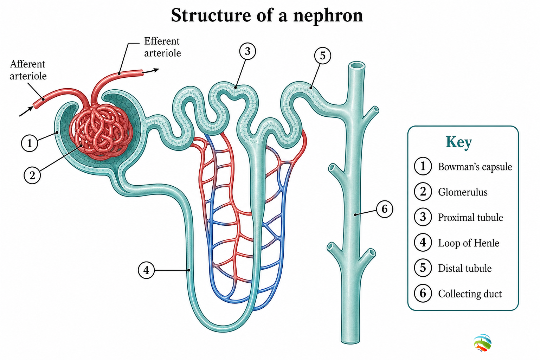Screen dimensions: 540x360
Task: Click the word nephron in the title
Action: click(x=328, y=16)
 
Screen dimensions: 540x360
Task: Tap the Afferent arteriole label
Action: click(x=28, y=70)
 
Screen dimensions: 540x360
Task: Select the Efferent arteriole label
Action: click(x=162, y=47)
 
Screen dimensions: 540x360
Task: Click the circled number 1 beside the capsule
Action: click(x=30, y=143)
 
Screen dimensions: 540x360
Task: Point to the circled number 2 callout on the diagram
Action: click(x=32, y=175)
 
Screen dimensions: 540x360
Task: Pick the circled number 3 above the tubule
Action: click(x=247, y=51)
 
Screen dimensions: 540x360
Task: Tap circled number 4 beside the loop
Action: click(x=146, y=270)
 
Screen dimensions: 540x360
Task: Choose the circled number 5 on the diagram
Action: click(x=322, y=56)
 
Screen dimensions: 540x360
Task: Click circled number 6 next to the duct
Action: click(x=385, y=209)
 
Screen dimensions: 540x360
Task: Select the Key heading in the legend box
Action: click(x=459, y=142)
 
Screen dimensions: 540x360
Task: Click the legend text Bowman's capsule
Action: click(x=475, y=167)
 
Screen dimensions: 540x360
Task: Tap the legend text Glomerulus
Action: click(x=463, y=192)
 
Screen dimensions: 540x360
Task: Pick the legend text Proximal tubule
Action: click(x=471, y=218)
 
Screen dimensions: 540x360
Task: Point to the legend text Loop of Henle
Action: click(x=469, y=243)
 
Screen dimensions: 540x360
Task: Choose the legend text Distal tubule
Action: click(x=465, y=268)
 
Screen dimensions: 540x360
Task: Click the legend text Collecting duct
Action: click(x=470, y=294)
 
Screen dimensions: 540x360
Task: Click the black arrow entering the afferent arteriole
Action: click(x=26, y=111)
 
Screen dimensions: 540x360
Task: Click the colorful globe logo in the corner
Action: click(x=482, y=343)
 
